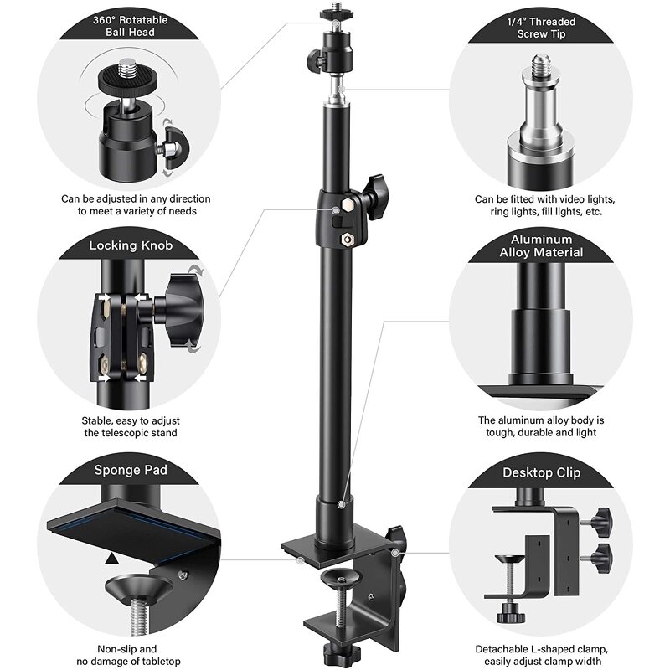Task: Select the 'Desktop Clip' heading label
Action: (x=542, y=472)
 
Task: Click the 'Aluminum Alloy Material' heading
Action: (x=542, y=245)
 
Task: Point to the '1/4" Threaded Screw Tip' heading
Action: (x=542, y=27)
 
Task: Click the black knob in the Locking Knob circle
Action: (x=179, y=310)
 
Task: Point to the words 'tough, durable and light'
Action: (x=541, y=433)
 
